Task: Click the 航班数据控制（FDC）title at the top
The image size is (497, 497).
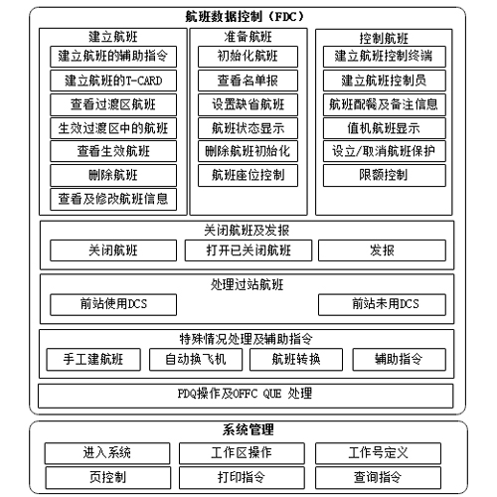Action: (245, 16)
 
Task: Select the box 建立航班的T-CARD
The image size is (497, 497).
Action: (113, 81)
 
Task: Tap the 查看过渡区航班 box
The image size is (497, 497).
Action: (113, 104)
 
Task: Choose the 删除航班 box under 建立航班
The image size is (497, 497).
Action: (113, 175)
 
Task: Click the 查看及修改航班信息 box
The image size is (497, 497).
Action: (113, 199)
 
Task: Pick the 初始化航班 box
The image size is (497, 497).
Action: (248, 57)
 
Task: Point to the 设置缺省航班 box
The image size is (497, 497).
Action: (248, 104)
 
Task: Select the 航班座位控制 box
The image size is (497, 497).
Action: (248, 175)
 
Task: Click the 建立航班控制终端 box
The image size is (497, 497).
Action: (385, 57)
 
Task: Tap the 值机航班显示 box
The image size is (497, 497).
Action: (385, 128)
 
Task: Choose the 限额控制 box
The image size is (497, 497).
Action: (385, 175)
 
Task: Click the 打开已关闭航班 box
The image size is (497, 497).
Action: (248, 250)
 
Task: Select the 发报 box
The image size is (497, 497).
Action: (382, 250)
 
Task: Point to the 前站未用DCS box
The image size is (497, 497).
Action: (382, 304)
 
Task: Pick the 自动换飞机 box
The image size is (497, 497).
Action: (196, 359)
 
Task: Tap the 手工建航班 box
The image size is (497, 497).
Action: (93, 359)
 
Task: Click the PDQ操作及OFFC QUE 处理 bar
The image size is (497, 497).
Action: (246, 396)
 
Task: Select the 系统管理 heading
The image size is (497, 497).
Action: (248, 429)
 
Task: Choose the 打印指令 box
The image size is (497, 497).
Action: (242, 478)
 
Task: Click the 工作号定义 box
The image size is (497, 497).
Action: (378, 453)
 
